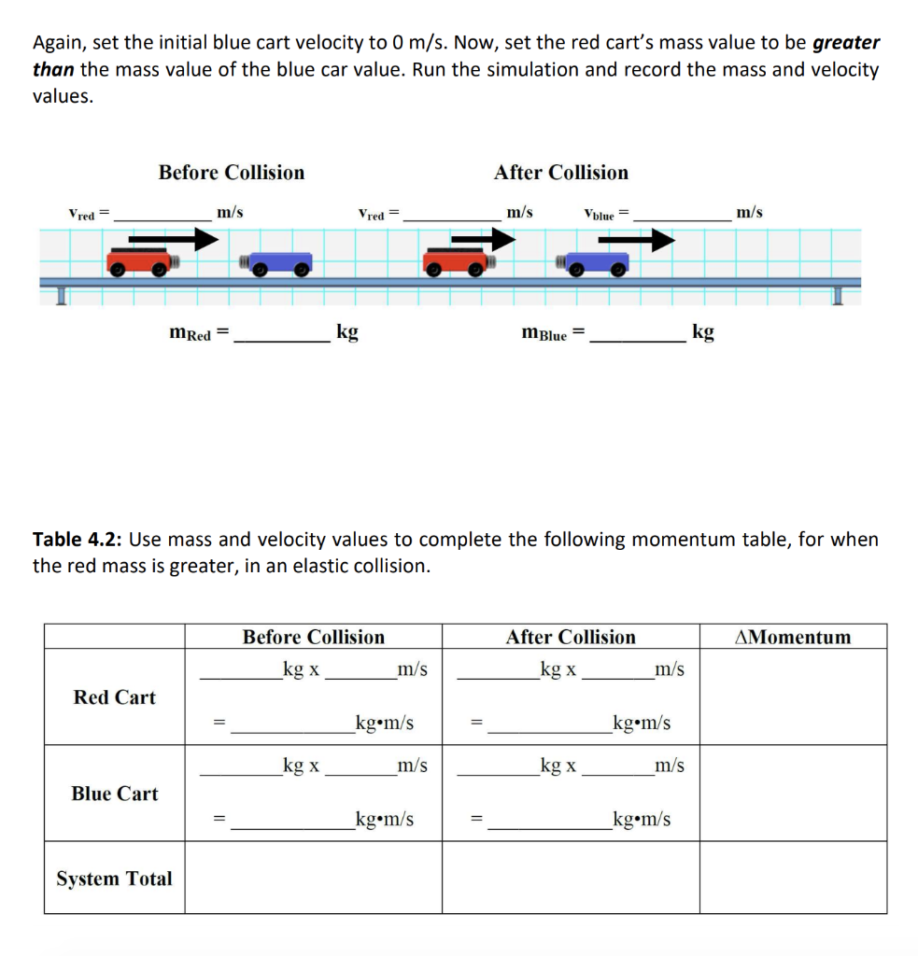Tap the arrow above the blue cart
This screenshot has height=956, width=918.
(636, 241)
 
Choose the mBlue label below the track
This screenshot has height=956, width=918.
(544, 333)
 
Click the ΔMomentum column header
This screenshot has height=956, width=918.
(793, 638)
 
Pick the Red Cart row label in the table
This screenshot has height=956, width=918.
(115, 697)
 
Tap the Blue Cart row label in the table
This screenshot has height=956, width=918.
(115, 794)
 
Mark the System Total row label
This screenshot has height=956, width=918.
(114, 879)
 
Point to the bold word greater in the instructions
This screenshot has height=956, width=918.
(846, 43)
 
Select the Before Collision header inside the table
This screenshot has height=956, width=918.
(313, 638)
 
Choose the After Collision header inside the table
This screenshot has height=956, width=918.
(570, 638)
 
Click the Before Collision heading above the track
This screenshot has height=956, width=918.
(231, 173)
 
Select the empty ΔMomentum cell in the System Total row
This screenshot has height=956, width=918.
(793, 878)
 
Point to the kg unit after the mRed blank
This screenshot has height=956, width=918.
(346, 332)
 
